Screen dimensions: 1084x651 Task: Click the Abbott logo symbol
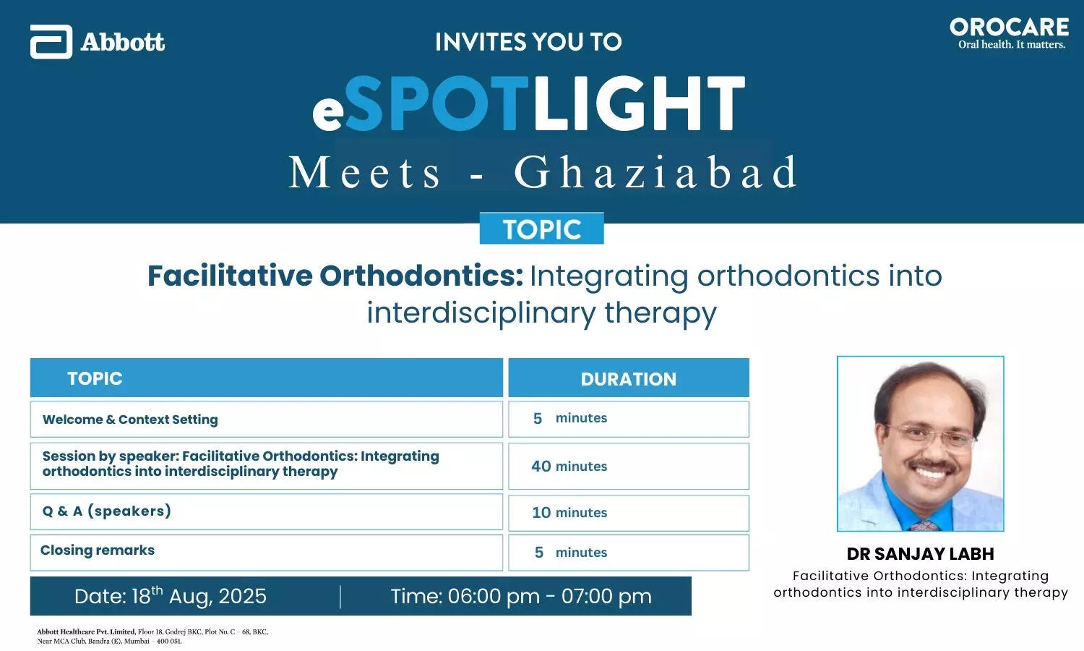click(51, 42)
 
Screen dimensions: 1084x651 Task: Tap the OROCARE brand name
click(1010, 27)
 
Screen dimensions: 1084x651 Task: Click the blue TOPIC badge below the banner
click(541, 228)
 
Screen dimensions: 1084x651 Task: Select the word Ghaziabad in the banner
click(656, 172)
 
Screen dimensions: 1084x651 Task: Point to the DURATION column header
click(629, 378)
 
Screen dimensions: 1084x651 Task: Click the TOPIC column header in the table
click(267, 378)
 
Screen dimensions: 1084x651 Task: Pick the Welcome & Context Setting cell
click(267, 419)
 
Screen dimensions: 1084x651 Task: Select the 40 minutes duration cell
click(629, 466)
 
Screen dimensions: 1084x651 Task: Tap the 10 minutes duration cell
click(629, 512)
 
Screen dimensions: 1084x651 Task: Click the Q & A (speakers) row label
click(107, 511)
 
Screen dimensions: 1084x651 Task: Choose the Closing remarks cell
click(267, 553)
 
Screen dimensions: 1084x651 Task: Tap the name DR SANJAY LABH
click(921, 553)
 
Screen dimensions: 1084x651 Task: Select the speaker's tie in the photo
click(925, 525)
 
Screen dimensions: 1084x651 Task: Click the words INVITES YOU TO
click(528, 42)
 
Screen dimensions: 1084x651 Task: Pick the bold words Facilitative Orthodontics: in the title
click(335, 276)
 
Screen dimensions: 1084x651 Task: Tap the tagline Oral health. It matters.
click(1012, 45)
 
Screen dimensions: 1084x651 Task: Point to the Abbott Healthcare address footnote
click(152, 636)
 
